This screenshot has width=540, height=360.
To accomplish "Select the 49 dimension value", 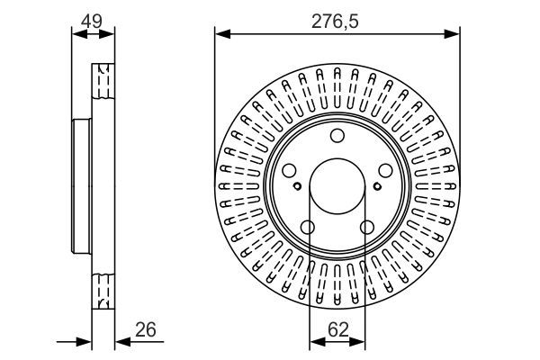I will coord(94,19).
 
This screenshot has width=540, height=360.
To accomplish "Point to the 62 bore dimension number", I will coord(337,329).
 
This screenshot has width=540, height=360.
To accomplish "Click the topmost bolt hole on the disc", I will coord(337,137).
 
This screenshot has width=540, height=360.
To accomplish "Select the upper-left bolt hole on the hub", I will coord(288,171).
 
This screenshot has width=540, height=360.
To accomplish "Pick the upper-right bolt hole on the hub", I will coord(385,171).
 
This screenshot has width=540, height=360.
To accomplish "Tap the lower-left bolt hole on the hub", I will coord(307,228).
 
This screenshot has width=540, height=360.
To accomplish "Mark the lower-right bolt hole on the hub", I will coord(367,228).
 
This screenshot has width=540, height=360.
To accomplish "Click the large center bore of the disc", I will coord(337,188).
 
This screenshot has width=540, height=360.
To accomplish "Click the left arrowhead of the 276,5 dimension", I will coord(220,34).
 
